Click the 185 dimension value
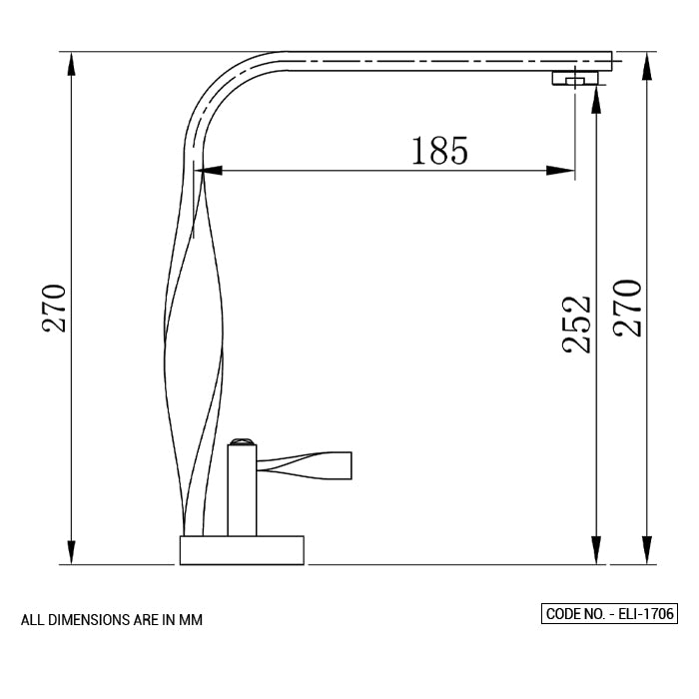click(x=439, y=150)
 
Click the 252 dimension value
click(x=576, y=324)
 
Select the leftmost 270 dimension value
click(x=53, y=309)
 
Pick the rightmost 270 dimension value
click(x=628, y=309)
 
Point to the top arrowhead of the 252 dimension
click(x=596, y=96)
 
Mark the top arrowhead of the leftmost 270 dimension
click(x=70, y=63)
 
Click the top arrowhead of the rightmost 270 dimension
click(x=646, y=63)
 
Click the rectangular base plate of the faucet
click(x=241, y=550)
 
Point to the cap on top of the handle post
click(x=244, y=440)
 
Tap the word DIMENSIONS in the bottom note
click(x=82, y=620)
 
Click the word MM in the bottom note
click(x=191, y=620)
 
